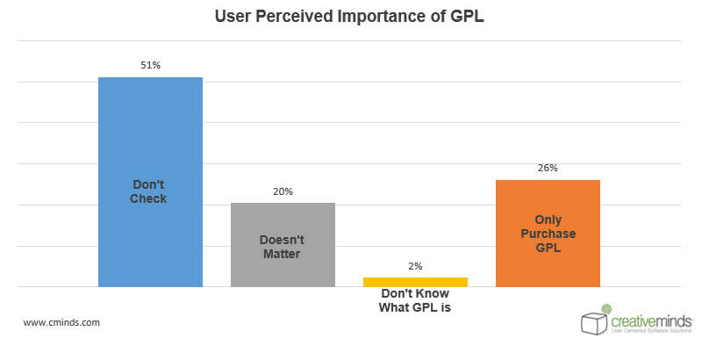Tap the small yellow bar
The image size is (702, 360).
[x=415, y=282]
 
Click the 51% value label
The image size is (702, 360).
[x=150, y=64]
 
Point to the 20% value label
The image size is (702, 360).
[x=283, y=190]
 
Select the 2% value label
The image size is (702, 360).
[x=415, y=265]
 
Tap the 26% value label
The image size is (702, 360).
[x=548, y=167]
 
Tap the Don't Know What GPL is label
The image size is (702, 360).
[x=415, y=300]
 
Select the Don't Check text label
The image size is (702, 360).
[x=150, y=191]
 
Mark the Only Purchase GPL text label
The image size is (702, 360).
[x=548, y=234]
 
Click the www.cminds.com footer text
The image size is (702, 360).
[x=61, y=322]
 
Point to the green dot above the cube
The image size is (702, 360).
[x=606, y=308]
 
